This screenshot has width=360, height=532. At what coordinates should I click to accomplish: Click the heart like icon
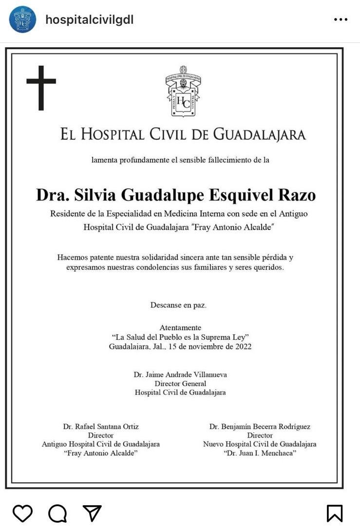click(22, 513)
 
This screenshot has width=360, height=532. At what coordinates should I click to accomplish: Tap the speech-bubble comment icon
click(57, 513)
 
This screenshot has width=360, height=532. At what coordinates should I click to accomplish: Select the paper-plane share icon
click(92, 513)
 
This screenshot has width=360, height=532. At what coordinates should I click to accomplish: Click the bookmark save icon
click(334, 513)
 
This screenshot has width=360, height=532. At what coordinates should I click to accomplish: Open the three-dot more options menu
click(341, 19)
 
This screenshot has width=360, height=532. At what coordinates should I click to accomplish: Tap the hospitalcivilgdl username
click(89, 20)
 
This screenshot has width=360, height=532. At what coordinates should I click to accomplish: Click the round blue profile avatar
click(22, 19)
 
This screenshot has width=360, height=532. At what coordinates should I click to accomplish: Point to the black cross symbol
click(41, 88)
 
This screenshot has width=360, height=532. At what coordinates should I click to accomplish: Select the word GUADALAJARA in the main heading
click(260, 134)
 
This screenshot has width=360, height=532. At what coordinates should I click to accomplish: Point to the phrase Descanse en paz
click(178, 305)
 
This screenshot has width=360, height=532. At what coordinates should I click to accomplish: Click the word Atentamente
click(180, 328)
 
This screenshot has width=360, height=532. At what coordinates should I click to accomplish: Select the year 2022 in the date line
click(242, 347)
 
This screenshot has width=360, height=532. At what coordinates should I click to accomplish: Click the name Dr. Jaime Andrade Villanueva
click(180, 375)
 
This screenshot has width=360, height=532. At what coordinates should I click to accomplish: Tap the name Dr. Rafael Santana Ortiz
click(101, 426)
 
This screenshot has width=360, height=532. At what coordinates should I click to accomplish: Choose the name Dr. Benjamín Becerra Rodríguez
click(260, 426)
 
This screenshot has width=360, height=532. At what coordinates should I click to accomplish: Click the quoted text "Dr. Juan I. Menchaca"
click(260, 453)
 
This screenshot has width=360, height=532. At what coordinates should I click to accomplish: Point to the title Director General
click(180, 384)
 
